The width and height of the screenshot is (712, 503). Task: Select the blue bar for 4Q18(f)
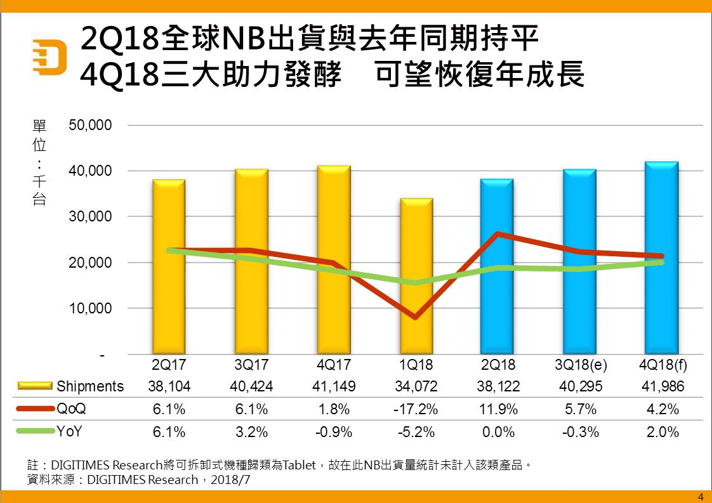662,258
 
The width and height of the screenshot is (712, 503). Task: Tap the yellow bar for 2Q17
169,266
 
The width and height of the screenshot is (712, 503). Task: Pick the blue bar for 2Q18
497,266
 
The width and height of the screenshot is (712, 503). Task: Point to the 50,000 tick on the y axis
90,125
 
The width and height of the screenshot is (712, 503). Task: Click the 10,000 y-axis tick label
90,308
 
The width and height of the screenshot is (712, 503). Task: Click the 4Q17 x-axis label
334,366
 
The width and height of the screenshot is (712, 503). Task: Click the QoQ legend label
71,409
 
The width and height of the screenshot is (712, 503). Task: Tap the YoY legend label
71,432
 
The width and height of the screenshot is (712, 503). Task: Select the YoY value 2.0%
663,432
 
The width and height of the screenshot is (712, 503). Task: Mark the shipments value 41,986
663,386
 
